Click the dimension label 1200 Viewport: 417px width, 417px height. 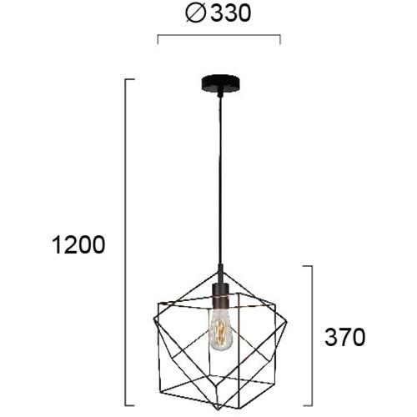click(x=78, y=244)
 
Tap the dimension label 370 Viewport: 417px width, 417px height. click(x=344, y=337)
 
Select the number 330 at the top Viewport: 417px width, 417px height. click(x=231, y=13)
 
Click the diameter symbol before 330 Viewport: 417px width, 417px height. click(x=196, y=13)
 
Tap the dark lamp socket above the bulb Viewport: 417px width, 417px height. click(x=220, y=294)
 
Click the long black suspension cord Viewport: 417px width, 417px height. click(x=220, y=181)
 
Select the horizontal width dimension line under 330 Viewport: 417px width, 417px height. click(x=219, y=35)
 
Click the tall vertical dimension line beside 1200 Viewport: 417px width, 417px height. click(x=125, y=242)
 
